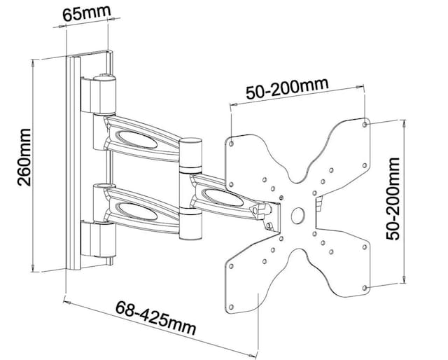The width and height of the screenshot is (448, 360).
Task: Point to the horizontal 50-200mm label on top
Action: (287, 88)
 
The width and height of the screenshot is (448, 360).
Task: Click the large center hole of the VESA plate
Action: (297, 214)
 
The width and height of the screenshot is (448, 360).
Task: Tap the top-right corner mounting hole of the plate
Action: (366, 126)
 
